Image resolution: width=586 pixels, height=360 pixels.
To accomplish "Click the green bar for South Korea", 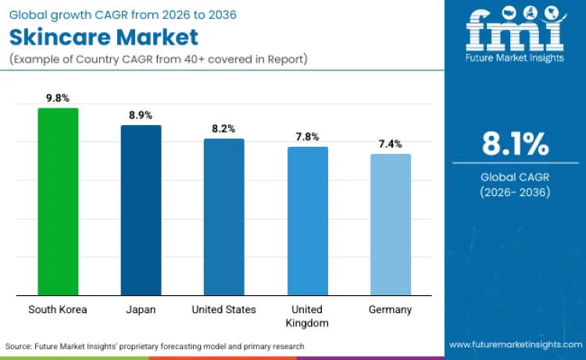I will point(58,201).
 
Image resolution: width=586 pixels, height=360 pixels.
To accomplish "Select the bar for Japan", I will point(141,210).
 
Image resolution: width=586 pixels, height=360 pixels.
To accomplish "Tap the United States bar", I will point(224,217).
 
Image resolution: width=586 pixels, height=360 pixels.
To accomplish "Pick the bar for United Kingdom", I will point(308,221).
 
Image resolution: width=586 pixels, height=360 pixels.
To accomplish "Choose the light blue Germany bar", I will point(391,224).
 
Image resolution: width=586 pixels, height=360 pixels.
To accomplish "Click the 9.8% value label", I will point(58,98).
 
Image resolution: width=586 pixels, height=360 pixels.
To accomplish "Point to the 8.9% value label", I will point(141,116).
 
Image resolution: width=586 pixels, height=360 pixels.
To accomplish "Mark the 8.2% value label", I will point(224,129).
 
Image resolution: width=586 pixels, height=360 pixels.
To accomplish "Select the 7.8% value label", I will point(308,137).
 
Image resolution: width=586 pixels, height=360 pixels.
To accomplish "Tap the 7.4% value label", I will point(391,144).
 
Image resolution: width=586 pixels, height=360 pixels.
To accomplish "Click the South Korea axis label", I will point(58,310).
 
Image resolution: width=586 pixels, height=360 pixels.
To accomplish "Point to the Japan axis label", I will point(141,310).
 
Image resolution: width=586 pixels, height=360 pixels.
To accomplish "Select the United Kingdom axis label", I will point(308,316).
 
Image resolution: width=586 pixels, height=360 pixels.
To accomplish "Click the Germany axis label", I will point(391,310).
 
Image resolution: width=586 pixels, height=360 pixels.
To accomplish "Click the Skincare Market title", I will point(104,37).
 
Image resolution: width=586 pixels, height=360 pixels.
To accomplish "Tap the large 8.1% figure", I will point(515,144).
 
